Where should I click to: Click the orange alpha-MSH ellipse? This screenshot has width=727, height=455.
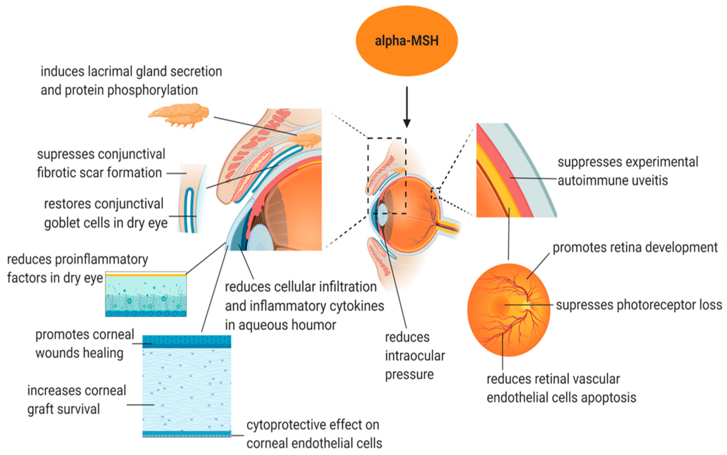(406, 41)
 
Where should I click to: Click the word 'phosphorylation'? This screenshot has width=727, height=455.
(152, 90)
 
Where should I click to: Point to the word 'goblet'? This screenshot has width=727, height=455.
(60, 223)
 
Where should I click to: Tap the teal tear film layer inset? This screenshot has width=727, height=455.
(146, 295)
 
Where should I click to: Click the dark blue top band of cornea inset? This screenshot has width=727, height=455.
(186, 341)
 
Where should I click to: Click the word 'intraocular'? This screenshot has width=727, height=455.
(415, 356)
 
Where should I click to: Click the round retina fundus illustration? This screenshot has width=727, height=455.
(509, 310)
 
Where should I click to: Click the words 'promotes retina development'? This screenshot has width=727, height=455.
(635, 248)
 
